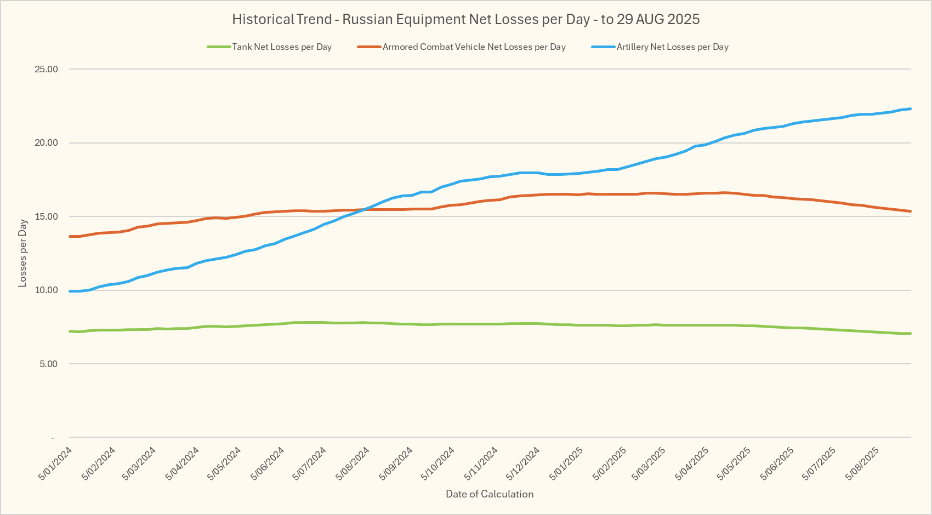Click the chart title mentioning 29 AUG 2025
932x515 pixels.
(x=465, y=20)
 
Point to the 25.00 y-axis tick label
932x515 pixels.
(x=46, y=70)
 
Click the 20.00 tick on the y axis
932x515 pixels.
(x=46, y=143)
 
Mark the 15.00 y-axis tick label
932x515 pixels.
(x=46, y=217)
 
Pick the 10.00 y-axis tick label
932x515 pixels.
(x=46, y=290)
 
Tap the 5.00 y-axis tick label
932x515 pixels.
(x=48, y=364)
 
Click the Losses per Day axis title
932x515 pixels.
(x=22, y=253)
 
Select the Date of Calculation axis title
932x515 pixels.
(x=490, y=494)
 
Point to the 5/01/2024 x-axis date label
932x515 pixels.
(x=55, y=463)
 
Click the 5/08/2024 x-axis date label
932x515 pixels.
(x=353, y=463)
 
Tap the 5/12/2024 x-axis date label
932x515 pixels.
(x=523, y=463)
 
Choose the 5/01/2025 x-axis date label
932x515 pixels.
(x=566, y=463)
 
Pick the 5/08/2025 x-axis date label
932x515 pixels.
(x=862, y=463)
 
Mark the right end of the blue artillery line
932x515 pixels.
(x=911, y=108)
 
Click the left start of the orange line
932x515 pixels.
(x=70, y=236)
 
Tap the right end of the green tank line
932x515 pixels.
(x=911, y=333)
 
